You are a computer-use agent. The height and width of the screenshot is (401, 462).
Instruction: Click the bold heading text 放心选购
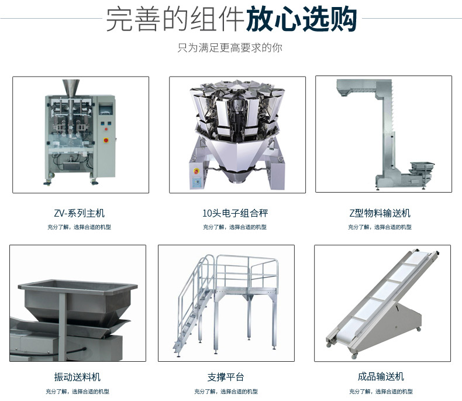(x=301, y=21)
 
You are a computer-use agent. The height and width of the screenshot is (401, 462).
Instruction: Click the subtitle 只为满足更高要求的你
(x=230, y=47)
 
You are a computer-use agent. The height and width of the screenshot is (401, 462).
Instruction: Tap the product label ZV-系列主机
(x=79, y=213)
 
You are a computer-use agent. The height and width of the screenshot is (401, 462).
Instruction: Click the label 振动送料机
(x=77, y=376)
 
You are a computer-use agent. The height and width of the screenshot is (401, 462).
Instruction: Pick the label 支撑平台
(x=226, y=376)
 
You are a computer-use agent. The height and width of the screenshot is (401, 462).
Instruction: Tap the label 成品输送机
(x=381, y=376)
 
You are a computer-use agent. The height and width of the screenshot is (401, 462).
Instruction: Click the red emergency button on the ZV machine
(x=106, y=140)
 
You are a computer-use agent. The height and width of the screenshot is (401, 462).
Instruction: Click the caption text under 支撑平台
(x=226, y=392)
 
